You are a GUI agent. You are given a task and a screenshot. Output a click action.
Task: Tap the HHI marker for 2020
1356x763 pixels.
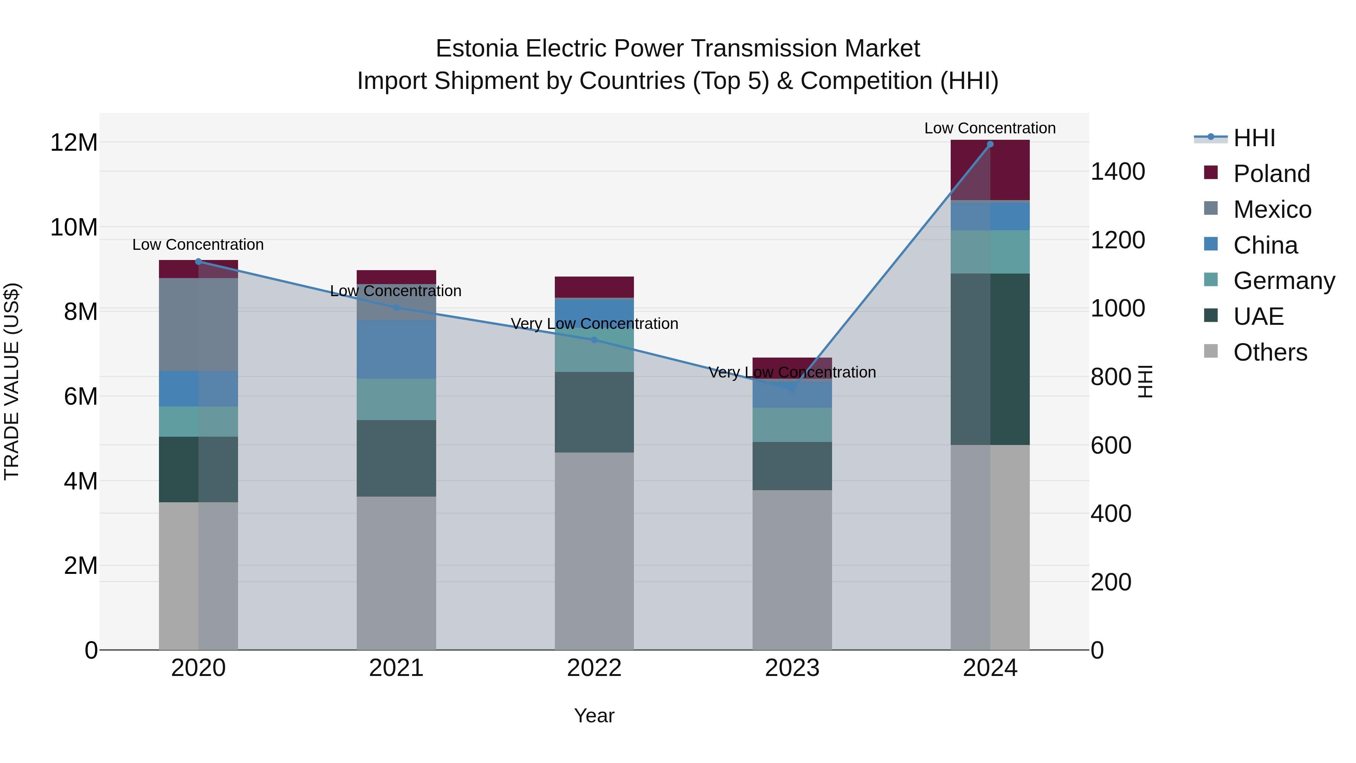[199, 262]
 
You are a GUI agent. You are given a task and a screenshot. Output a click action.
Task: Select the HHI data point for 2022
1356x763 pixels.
[594, 340]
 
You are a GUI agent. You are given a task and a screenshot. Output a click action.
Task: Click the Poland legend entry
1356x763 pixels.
[1271, 174]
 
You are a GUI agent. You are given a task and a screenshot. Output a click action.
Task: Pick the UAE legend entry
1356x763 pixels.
[1258, 317]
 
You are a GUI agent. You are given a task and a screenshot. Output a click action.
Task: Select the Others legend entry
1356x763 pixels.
[1270, 352]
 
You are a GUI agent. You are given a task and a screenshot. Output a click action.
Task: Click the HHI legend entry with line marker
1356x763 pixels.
[1254, 138]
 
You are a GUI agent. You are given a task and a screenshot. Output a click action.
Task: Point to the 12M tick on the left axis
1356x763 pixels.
[74, 143]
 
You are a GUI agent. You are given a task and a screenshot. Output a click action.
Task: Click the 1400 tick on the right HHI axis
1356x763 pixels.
[1118, 172]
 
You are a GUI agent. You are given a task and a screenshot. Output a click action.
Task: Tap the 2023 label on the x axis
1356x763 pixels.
[792, 668]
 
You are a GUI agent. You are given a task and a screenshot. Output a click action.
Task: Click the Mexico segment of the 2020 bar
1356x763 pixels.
[199, 324]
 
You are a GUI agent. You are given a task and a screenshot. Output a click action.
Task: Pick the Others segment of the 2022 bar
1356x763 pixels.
[594, 551]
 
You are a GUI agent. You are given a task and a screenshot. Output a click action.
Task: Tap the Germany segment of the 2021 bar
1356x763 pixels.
[396, 399]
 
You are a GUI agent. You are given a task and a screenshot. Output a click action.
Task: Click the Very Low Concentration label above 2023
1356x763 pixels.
[792, 372]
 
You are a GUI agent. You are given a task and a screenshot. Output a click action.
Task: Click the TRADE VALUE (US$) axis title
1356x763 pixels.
[12, 381]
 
